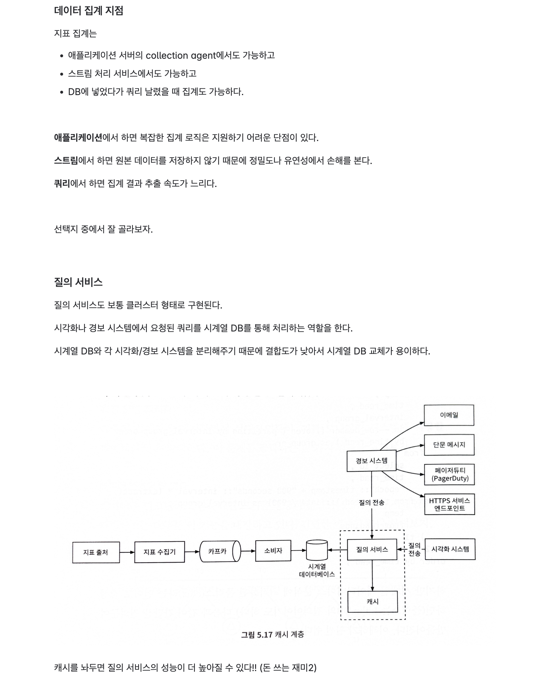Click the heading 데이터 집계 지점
tap(89, 10)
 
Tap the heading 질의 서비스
tap(78, 282)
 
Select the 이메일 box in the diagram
tap(448, 415)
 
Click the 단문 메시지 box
tap(449, 445)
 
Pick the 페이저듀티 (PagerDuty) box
tap(449, 474)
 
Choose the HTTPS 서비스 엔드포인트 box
tap(449, 504)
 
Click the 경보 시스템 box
tap(371, 461)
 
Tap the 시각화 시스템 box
tap(450, 549)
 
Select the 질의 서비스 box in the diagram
tap(372, 550)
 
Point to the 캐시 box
tap(373, 602)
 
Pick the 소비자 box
tap(273, 551)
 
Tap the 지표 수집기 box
tap(159, 552)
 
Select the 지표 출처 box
tap(96, 552)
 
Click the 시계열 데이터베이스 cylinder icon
tap(317, 550)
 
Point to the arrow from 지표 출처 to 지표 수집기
tap(127, 552)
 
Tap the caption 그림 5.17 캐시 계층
tap(272, 634)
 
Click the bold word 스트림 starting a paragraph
tap(66, 161)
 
